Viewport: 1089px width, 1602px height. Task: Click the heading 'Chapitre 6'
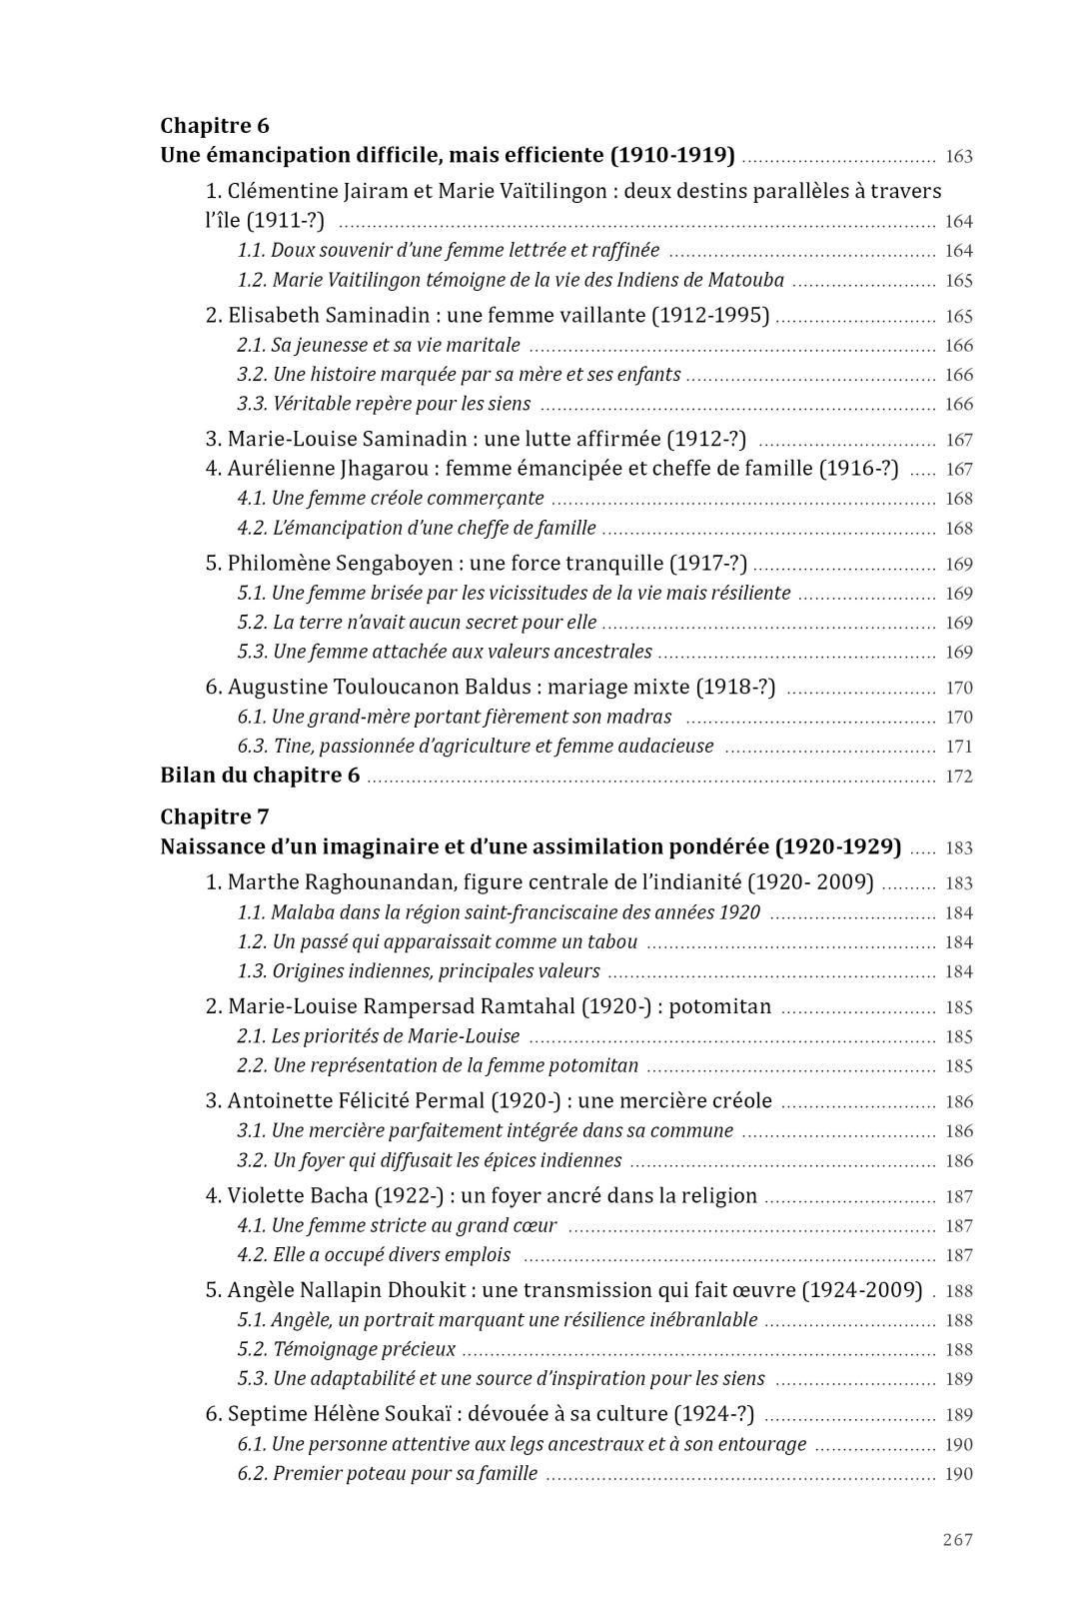215,126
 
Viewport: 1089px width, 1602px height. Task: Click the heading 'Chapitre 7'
215,817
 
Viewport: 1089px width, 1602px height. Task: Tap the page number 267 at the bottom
957,1540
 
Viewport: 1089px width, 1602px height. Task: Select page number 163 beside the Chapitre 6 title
958,157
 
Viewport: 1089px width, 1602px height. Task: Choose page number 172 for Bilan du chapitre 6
958,777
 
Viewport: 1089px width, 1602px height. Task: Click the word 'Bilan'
189,777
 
